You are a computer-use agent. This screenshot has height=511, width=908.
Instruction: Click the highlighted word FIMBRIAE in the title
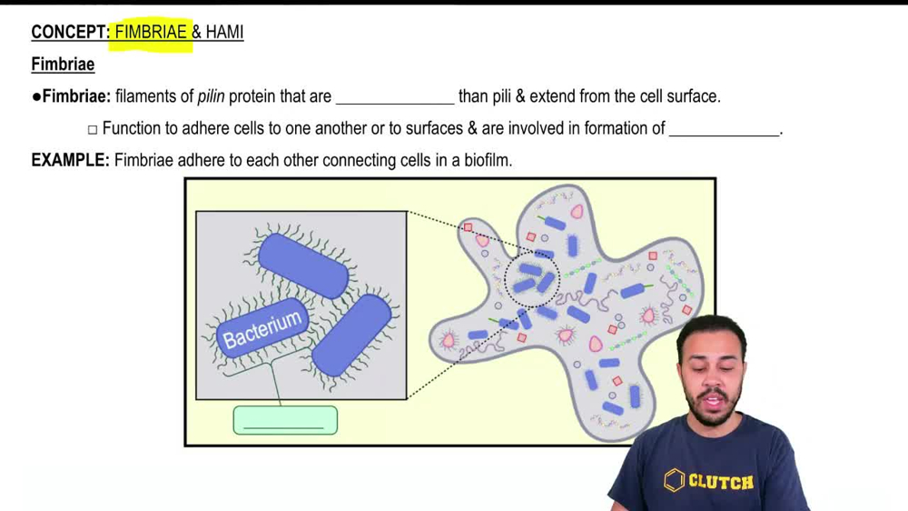151,33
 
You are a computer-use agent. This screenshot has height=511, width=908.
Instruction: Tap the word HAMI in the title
224,33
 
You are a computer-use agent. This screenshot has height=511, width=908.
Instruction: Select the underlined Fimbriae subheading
63,65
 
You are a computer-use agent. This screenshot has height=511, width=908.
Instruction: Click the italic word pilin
211,96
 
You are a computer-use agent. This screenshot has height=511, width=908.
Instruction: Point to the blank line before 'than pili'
396,104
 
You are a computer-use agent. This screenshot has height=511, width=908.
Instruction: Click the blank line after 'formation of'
725,135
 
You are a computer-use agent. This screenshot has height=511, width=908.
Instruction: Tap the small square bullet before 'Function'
93,129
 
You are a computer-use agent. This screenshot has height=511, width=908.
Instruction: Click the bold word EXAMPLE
70,160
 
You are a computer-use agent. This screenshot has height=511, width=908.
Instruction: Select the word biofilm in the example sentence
488,160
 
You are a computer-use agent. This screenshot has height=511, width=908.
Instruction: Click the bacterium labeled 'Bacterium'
262,329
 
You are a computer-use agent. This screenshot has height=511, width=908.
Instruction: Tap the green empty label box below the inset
285,420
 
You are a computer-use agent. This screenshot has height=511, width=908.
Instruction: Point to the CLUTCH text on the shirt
721,481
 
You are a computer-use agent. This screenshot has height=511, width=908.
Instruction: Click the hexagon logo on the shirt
674,480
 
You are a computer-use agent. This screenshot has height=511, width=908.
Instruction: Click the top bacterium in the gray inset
303,266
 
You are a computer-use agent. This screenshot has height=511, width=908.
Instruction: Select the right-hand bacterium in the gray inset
351,336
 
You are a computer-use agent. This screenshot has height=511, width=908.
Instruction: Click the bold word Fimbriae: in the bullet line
76,96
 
